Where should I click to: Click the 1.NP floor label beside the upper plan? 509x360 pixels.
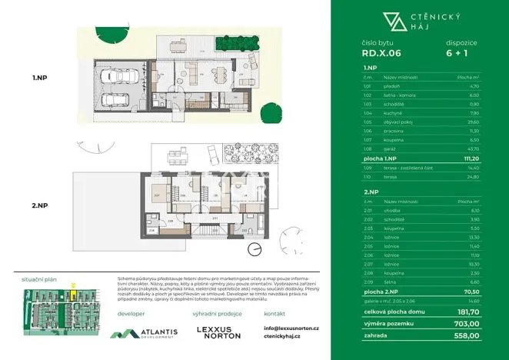41,78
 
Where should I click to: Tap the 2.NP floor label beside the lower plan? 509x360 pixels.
41,205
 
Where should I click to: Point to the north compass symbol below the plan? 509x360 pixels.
254,248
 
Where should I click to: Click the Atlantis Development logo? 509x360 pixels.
145,333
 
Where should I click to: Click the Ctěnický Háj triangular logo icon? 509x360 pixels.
391,22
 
